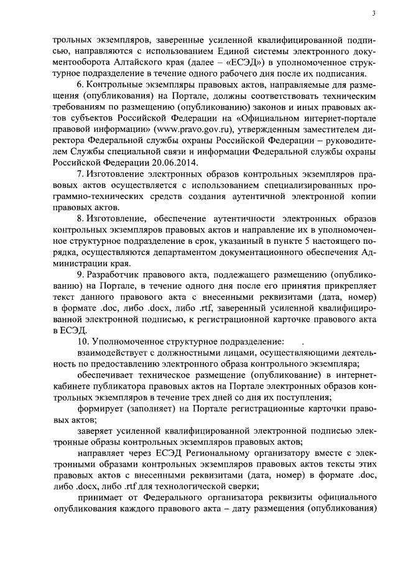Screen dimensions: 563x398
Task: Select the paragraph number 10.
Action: coord(81,342)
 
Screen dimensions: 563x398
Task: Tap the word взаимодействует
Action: coord(113,353)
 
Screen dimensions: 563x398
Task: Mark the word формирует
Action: coord(99,408)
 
